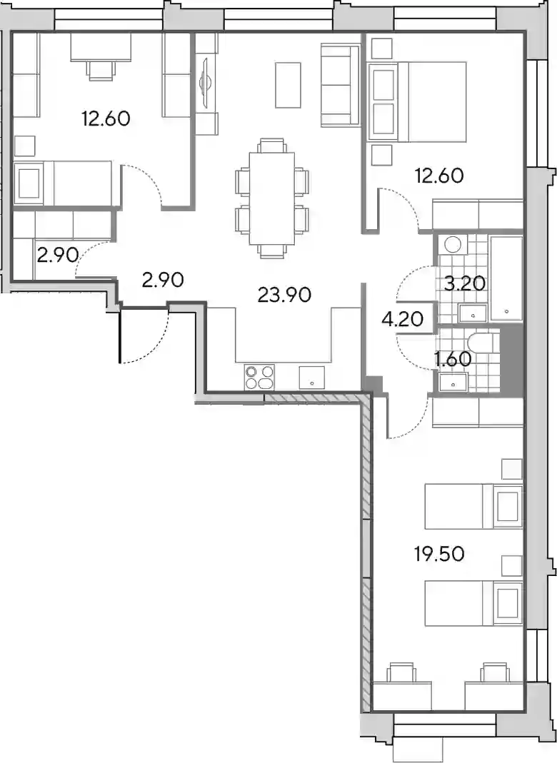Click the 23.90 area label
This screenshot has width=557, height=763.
[x=284, y=295]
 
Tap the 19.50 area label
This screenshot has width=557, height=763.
[x=439, y=554]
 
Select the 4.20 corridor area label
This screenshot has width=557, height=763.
[x=403, y=319]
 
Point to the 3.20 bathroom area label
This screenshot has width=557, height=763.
[x=465, y=283]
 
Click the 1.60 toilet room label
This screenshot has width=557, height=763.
[x=452, y=360]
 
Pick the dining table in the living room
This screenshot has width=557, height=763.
[x=271, y=198]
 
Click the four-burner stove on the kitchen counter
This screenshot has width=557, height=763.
[x=259, y=378]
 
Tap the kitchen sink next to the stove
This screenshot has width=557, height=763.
[x=312, y=378]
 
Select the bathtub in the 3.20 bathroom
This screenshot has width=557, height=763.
[x=506, y=278]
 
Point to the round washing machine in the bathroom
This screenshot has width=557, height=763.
[x=453, y=244]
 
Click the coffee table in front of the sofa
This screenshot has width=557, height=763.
[x=288, y=85]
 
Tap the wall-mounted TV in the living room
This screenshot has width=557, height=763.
[x=204, y=84]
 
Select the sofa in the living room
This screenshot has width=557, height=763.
[x=340, y=85]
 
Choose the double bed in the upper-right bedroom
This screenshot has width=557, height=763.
[x=417, y=101]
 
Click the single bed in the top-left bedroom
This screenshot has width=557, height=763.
[x=64, y=184]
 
